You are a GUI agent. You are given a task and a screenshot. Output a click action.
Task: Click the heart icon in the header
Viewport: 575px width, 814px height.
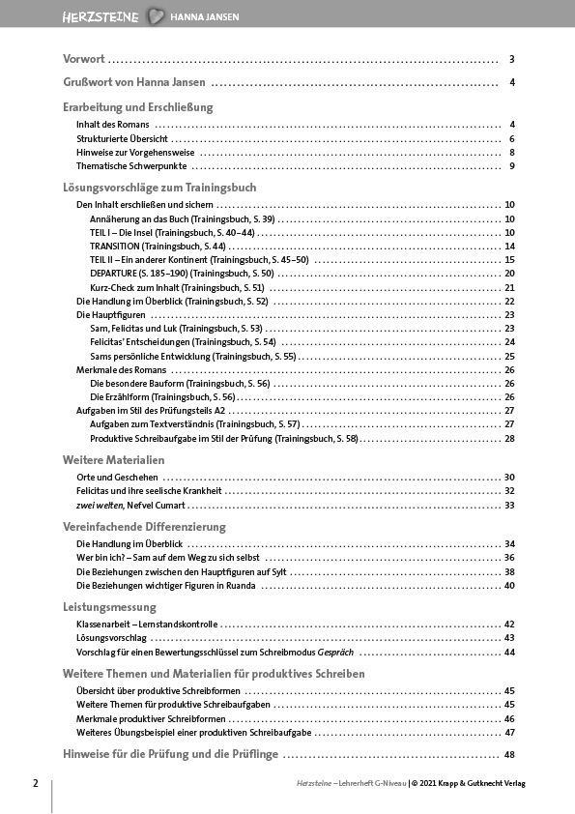coord(157,16)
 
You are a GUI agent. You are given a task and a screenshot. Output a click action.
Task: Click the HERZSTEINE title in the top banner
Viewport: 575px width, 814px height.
coord(101,16)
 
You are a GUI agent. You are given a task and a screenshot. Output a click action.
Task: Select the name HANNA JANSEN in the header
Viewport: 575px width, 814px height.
coord(205,17)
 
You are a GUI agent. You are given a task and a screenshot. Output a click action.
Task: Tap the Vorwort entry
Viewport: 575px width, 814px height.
coord(84,59)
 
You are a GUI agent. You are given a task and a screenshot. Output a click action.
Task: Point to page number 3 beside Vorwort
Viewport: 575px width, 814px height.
coord(511,59)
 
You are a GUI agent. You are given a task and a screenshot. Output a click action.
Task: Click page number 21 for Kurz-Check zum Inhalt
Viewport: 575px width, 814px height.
coord(509,288)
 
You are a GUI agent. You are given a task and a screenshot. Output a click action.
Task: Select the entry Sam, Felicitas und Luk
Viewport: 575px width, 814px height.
coord(162,329)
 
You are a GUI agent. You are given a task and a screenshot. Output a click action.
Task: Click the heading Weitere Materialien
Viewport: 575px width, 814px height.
coord(113,459)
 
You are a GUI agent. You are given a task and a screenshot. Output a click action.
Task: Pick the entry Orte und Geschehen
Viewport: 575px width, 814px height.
coord(116,478)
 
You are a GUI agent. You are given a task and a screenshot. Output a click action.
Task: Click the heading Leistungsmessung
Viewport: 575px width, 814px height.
coord(108,607)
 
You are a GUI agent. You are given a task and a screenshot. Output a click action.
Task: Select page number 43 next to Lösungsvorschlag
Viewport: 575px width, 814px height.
coord(509,638)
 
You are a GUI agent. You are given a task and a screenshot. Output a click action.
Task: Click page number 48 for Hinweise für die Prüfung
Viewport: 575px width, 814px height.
coord(508,754)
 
